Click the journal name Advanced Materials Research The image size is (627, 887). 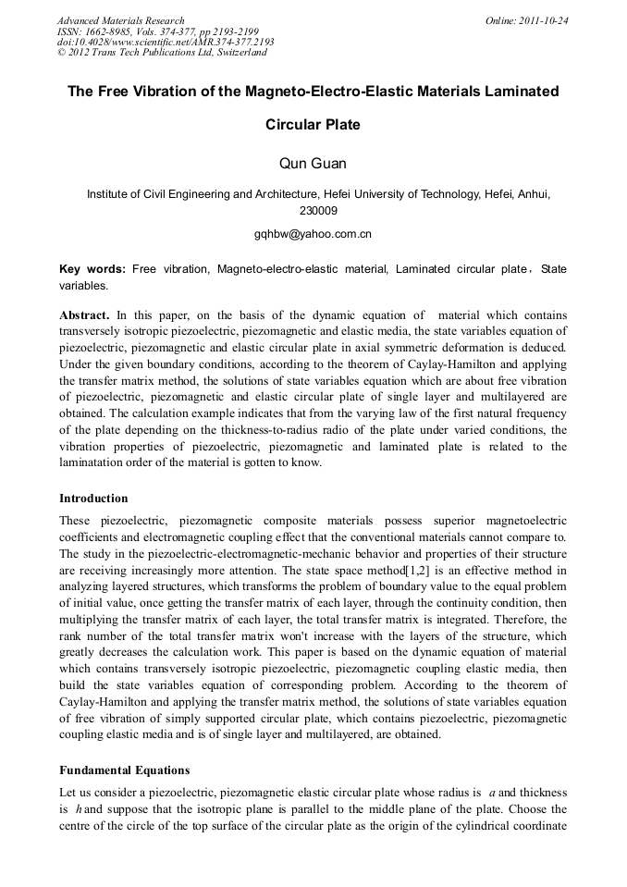(x=120, y=20)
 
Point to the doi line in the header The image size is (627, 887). (x=166, y=42)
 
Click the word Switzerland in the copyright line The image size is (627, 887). (x=238, y=53)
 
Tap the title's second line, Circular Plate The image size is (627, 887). (x=313, y=124)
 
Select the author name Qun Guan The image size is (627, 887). (x=313, y=164)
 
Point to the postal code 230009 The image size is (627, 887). (x=313, y=211)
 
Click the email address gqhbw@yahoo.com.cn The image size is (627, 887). (x=313, y=234)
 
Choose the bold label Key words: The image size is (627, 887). (x=92, y=269)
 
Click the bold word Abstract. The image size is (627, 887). (x=84, y=315)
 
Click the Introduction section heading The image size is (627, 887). (x=93, y=499)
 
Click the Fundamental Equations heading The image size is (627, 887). (x=124, y=770)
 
